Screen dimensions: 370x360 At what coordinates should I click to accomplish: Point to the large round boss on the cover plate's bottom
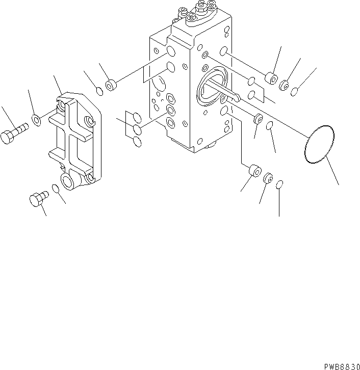(x=67, y=180)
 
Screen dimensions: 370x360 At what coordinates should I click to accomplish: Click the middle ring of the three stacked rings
(x=136, y=129)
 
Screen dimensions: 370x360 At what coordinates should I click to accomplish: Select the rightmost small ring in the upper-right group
(x=294, y=91)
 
